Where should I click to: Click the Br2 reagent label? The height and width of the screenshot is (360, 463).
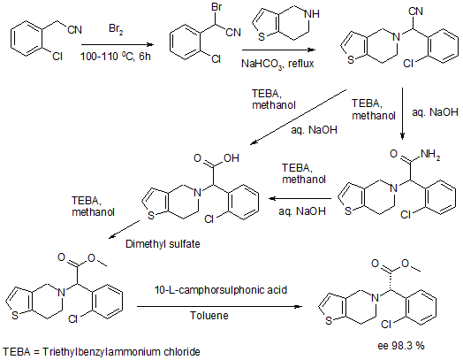pos(116,29)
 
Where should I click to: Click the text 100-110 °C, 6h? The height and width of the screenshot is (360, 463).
pos(116,56)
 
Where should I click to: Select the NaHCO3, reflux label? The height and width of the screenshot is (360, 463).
pos(277,64)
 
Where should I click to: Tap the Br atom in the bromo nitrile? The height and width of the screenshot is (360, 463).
pos(216,8)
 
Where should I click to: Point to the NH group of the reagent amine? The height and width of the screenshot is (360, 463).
pos(313,14)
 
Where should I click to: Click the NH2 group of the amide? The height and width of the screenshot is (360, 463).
pos(430,154)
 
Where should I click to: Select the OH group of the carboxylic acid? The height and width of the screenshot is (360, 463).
pos(231,158)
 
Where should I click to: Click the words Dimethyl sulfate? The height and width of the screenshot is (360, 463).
pos(163,244)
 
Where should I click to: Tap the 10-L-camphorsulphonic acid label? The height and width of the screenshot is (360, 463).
pos(221,290)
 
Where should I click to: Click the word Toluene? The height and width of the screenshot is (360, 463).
pos(209,316)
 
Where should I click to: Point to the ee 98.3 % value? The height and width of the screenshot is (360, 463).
pos(401,346)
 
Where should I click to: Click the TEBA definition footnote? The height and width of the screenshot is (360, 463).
pos(102,352)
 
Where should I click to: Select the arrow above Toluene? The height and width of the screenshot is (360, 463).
pos(220,307)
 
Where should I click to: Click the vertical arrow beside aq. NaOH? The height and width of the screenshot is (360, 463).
pos(402,113)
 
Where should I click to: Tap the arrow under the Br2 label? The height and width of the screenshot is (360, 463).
pos(118,44)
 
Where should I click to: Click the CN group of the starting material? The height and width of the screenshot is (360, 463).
pos(74,29)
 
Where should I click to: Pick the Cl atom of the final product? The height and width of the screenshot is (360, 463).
pos(386,325)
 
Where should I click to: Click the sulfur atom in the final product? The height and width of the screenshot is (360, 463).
pos(329,321)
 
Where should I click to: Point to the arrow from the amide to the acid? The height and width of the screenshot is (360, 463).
pos(300,199)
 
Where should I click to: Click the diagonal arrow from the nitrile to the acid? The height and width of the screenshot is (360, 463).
pos(299,117)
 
